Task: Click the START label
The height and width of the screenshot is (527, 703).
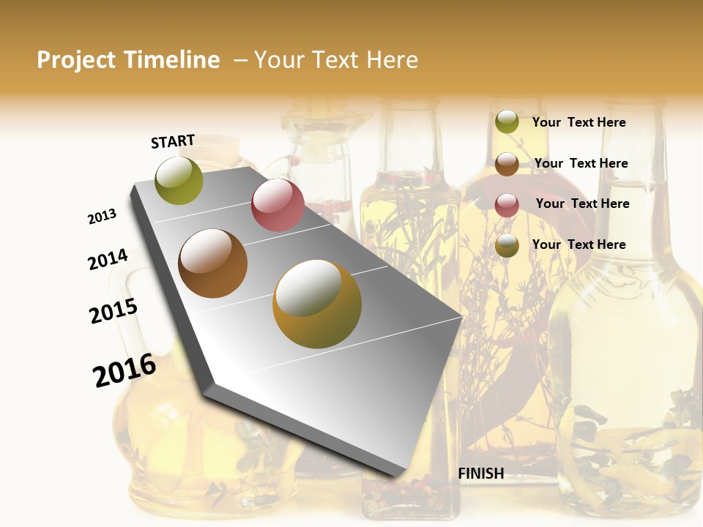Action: coord(173,141)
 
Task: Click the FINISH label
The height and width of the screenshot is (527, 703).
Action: coord(481,474)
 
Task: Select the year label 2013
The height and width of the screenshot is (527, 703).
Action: coord(103,216)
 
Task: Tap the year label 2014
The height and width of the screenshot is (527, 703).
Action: coord(108,260)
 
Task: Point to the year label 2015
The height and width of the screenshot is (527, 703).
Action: coord(114,311)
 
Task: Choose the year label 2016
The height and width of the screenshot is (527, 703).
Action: coord(124,370)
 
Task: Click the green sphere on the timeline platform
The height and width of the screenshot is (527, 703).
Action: coord(179,180)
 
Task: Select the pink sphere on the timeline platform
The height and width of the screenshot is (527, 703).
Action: coord(278,205)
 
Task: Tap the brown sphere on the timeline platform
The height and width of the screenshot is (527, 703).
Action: coord(213,263)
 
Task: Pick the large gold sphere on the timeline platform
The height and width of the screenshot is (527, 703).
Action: coord(317,304)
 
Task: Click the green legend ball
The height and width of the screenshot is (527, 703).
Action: coord(507,122)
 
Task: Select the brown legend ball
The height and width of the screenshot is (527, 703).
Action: coord(507,164)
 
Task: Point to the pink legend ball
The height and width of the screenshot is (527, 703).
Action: coord(507,205)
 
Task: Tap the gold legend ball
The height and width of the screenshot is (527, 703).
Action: coord(507,246)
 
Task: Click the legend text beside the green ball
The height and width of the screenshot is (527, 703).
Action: coord(579,122)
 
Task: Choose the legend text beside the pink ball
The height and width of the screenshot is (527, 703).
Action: coord(582,203)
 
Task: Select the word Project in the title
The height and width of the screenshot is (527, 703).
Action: coord(75,60)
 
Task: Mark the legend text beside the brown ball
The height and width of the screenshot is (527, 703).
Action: coord(581,163)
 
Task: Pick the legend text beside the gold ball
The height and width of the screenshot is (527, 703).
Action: coord(579,244)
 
